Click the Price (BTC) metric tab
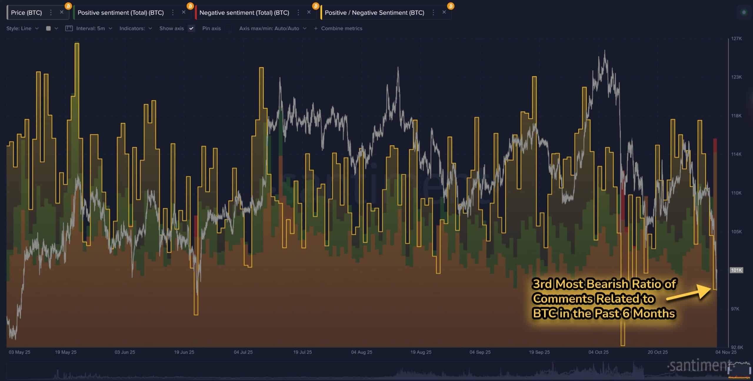click(26, 13)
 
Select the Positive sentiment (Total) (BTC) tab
click(120, 13)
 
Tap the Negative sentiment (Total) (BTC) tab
click(244, 13)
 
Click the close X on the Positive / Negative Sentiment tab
click(444, 12)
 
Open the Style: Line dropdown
click(22, 29)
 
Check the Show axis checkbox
click(191, 29)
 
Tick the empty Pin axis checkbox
click(228, 29)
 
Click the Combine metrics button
click(338, 29)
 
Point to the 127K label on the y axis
click(736, 39)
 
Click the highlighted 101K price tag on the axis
click(736, 270)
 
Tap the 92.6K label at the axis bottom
click(737, 347)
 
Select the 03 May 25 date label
click(19, 352)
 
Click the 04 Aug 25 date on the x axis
click(361, 352)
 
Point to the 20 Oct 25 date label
click(658, 352)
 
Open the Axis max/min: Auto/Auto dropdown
click(272, 29)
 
